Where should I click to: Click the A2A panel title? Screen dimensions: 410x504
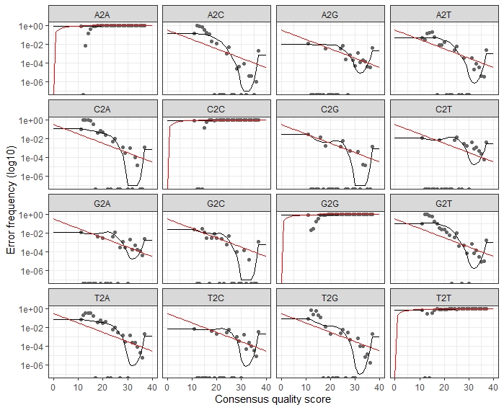[102, 14]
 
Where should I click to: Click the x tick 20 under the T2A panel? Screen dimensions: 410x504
[102, 387]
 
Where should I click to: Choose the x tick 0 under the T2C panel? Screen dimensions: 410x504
[167, 387]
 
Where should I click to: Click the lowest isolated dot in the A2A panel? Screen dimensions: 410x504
[86, 45]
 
